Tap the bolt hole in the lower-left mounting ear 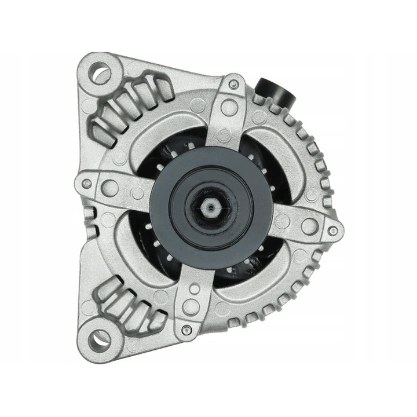(100, 338)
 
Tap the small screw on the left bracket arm (87, 184)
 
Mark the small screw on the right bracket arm (332, 231)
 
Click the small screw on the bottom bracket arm (185, 330)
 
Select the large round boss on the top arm (229, 107)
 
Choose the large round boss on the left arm (109, 187)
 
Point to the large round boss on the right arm (309, 225)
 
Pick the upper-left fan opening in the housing (168, 148)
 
